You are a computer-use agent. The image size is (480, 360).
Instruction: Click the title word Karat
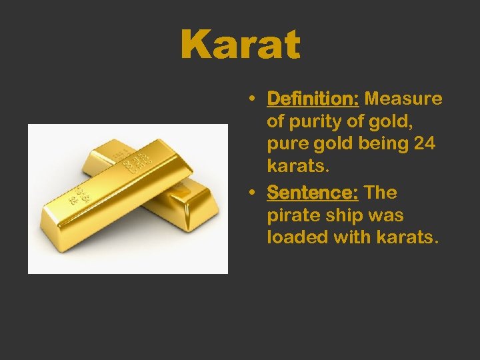click(x=240, y=45)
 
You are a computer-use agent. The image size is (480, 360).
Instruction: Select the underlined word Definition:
click(x=313, y=99)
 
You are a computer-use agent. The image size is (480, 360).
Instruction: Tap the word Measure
click(x=403, y=99)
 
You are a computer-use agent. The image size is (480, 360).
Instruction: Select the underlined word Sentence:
click(x=312, y=193)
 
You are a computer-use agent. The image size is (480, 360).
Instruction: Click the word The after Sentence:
click(x=381, y=193)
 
